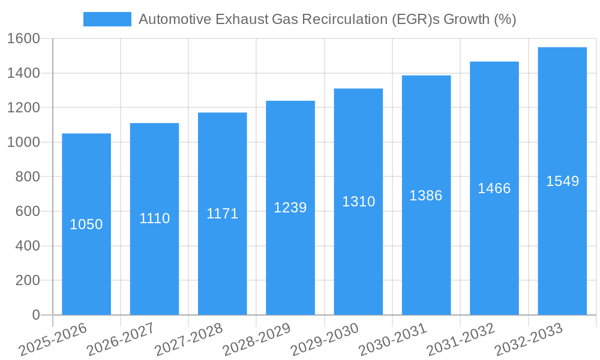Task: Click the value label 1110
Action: tap(155, 218)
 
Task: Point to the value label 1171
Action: tap(223, 214)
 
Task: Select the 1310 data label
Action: tap(359, 202)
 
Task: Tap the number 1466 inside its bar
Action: tap(494, 188)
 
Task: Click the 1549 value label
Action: tap(562, 181)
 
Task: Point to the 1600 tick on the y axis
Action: tap(23, 39)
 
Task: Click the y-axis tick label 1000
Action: tap(23, 142)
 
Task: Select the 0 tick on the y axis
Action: tap(35, 315)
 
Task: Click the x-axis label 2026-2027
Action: tap(120, 340)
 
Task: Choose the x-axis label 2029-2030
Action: tap(325, 340)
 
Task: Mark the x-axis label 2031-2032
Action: tap(461, 340)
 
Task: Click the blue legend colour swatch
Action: tap(107, 19)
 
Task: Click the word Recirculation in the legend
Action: tap(339, 19)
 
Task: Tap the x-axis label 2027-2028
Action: tap(188, 340)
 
